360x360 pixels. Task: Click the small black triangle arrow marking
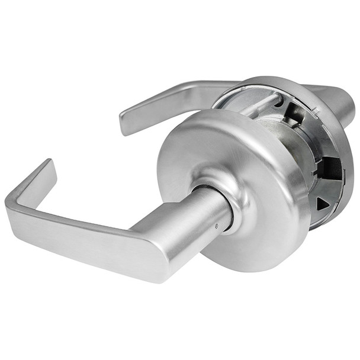click(x=322, y=204)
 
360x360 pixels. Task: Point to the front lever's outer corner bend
click(x=12, y=204)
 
